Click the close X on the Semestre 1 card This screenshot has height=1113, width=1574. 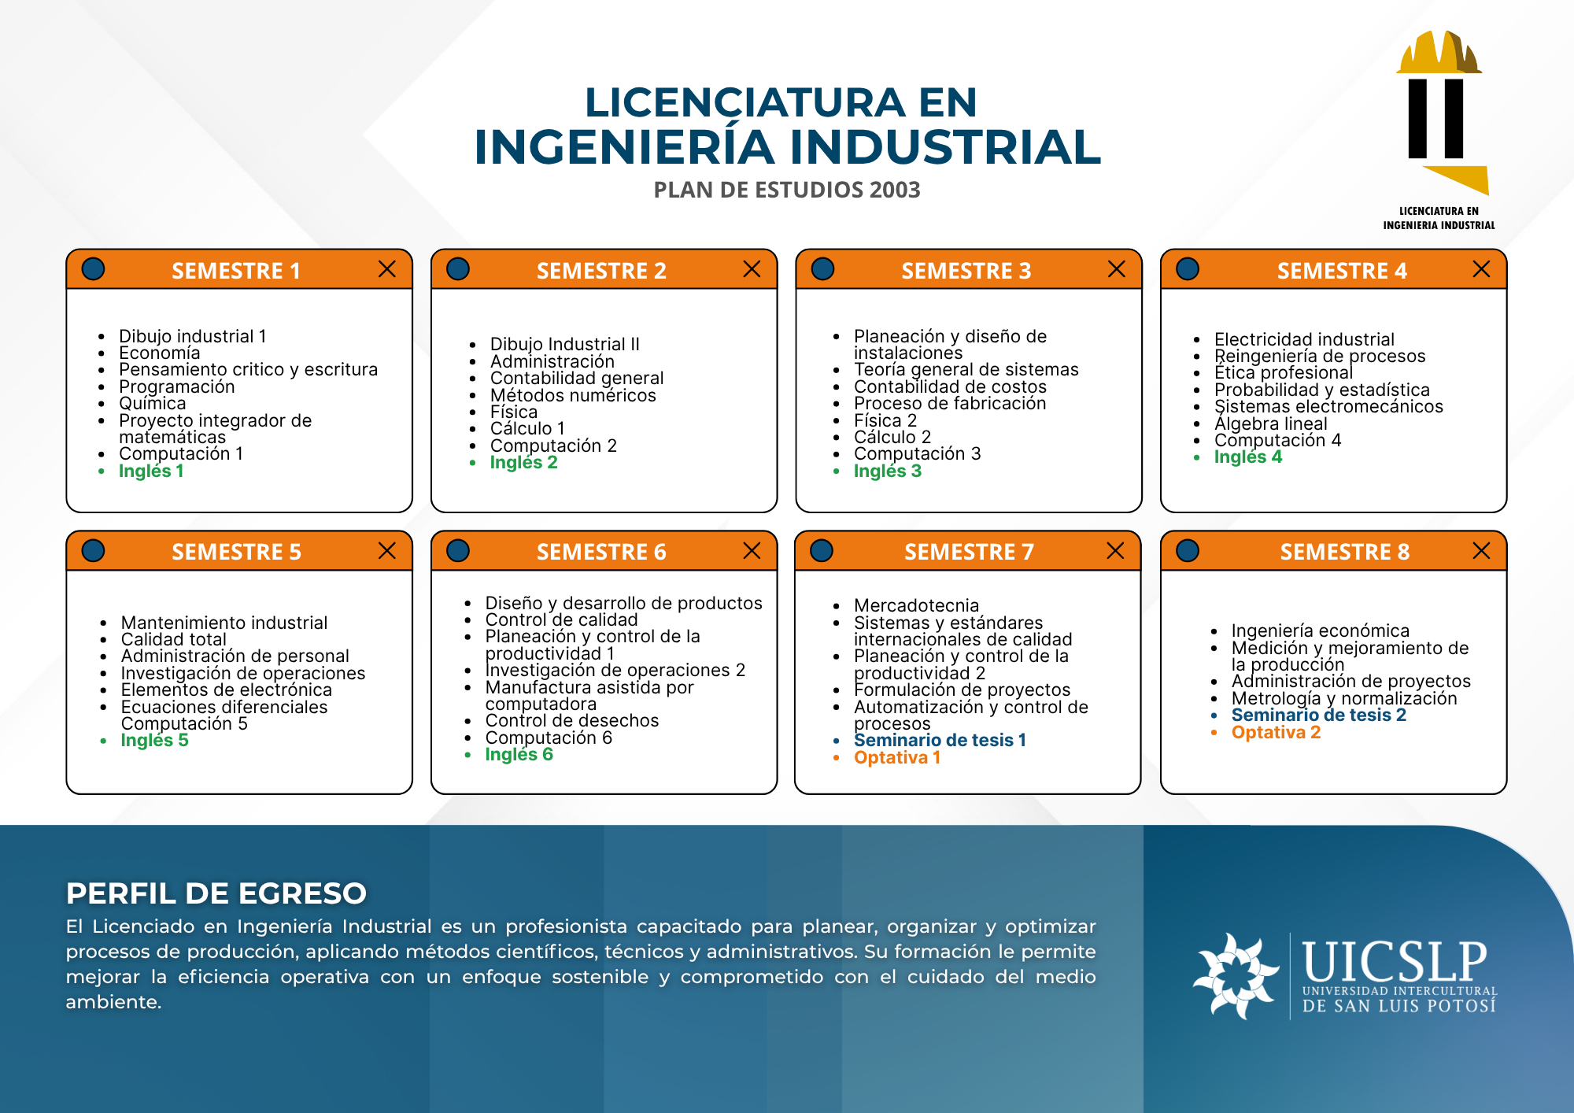tap(386, 269)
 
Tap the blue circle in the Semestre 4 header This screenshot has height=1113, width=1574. tap(1187, 269)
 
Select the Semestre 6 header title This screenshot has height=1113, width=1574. tap(601, 552)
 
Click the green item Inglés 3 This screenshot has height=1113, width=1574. tap(887, 471)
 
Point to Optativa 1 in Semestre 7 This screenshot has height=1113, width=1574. tap(897, 757)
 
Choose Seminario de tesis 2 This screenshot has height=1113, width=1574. tap(1318, 715)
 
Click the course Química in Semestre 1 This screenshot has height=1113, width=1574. tap(153, 403)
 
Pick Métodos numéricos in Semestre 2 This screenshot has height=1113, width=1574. tap(573, 395)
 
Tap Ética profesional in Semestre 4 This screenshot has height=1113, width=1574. tap(1283, 372)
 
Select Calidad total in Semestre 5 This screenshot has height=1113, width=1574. tap(173, 639)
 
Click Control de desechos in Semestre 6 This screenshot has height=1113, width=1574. tap(571, 720)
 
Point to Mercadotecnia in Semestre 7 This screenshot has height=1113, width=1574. tap(916, 605)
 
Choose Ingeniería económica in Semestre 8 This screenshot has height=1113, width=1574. tap(1320, 630)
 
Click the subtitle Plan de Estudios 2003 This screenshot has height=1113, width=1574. tap(787, 190)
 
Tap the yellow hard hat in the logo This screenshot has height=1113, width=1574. tap(1439, 52)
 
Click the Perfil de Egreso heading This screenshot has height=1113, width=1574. tap(216, 893)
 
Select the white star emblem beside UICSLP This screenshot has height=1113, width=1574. tap(1235, 976)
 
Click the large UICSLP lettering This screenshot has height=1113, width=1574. tap(1395, 961)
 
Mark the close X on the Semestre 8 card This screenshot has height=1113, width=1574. tap(1481, 550)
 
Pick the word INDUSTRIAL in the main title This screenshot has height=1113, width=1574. tap(945, 147)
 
